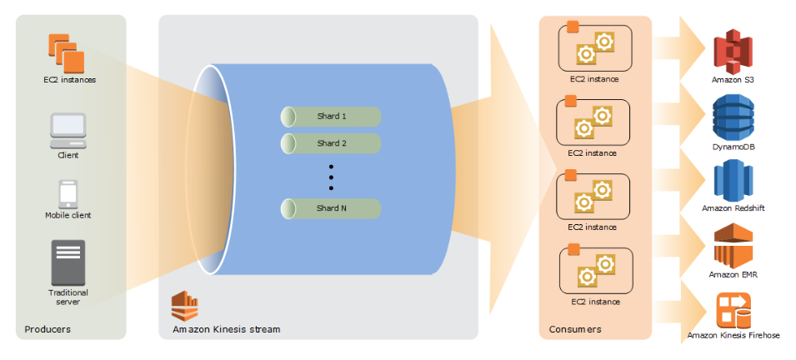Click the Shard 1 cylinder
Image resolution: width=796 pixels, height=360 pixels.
pos(330,117)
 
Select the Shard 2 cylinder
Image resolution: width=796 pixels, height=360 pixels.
pos(330,143)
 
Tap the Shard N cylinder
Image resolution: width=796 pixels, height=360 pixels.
pos(330,208)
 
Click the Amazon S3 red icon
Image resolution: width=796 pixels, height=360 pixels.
pos(732,52)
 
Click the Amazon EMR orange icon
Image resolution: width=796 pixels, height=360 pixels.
pos(733,245)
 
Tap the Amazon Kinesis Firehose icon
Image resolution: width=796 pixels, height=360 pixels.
pos(733,310)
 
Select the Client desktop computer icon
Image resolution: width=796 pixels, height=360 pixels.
pos(68,131)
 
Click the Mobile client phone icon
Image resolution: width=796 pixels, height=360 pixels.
pos(68,194)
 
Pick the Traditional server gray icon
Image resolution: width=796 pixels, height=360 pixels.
pos(68,263)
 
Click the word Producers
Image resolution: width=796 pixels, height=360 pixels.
pos(48,329)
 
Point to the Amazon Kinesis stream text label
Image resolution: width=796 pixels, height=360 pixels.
pos(227,329)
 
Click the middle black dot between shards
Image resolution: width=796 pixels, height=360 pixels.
pos(331,177)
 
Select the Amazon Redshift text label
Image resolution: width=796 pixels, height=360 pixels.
pos(733,208)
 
